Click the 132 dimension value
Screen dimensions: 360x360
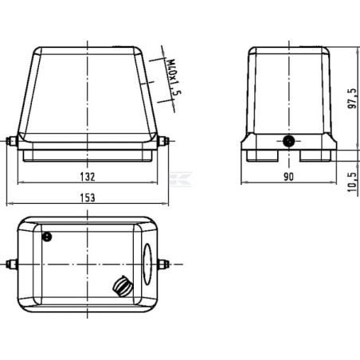click(88, 177)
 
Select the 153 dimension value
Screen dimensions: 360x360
click(88, 198)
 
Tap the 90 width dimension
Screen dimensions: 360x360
click(288, 177)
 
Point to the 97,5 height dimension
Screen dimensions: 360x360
click(352, 99)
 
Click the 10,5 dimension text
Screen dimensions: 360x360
click(352, 182)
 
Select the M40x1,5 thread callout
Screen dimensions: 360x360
click(174, 77)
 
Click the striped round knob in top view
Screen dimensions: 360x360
click(123, 286)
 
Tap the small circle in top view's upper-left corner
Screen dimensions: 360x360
click(47, 237)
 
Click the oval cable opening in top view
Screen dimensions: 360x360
click(147, 264)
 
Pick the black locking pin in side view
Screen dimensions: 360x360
click(288, 141)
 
